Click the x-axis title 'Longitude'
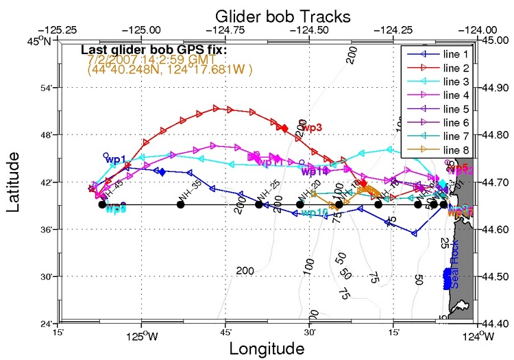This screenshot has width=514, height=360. point(267,348)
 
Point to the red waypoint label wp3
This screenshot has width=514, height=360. point(312,128)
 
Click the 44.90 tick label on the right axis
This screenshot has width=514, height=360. point(497,88)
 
